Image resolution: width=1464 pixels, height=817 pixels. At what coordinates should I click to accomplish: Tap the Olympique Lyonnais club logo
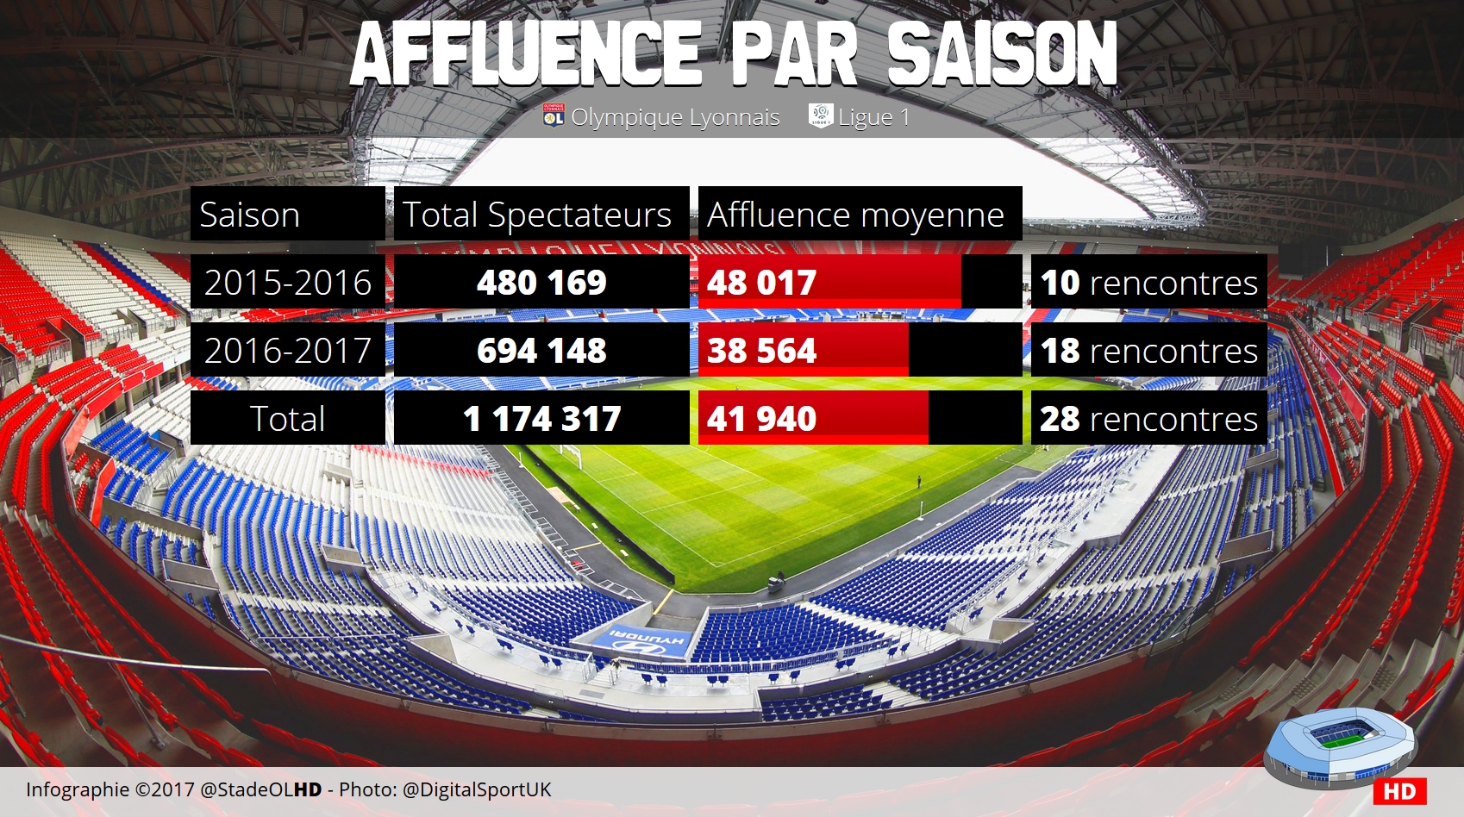(554, 115)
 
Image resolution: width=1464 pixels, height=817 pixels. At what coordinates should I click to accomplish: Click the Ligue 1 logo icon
(821, 115)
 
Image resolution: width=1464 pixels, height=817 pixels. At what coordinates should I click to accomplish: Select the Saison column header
(250, 215)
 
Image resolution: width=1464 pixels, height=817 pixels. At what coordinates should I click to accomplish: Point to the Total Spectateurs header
(537, 215)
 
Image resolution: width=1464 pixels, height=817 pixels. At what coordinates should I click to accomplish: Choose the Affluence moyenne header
(855, 215)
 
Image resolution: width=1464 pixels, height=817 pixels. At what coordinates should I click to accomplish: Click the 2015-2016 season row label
(287, 283)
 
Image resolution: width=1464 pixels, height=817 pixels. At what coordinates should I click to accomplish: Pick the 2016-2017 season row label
(287, 351)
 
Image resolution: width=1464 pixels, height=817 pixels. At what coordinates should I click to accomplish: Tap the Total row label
(287, 419)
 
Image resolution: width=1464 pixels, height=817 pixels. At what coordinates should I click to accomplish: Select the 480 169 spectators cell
(541, 283)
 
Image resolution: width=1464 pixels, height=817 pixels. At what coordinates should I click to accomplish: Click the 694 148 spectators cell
(541, 351)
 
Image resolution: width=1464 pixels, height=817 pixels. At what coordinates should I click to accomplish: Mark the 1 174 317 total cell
(541, 419)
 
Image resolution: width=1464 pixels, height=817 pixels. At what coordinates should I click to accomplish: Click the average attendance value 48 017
(761, 283)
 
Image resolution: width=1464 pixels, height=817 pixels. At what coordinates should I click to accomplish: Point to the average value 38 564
(761, 351)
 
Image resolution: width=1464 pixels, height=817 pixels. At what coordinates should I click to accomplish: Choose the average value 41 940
(761, 419)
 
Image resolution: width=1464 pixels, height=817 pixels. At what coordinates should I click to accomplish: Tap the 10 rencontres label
(1148, 283)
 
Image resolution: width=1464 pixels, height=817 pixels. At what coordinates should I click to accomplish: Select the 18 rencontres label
(1148, 351)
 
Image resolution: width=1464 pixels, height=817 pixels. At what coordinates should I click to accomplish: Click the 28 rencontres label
(1148, 419)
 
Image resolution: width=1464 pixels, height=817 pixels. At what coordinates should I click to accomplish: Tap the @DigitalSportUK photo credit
(476, 789)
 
